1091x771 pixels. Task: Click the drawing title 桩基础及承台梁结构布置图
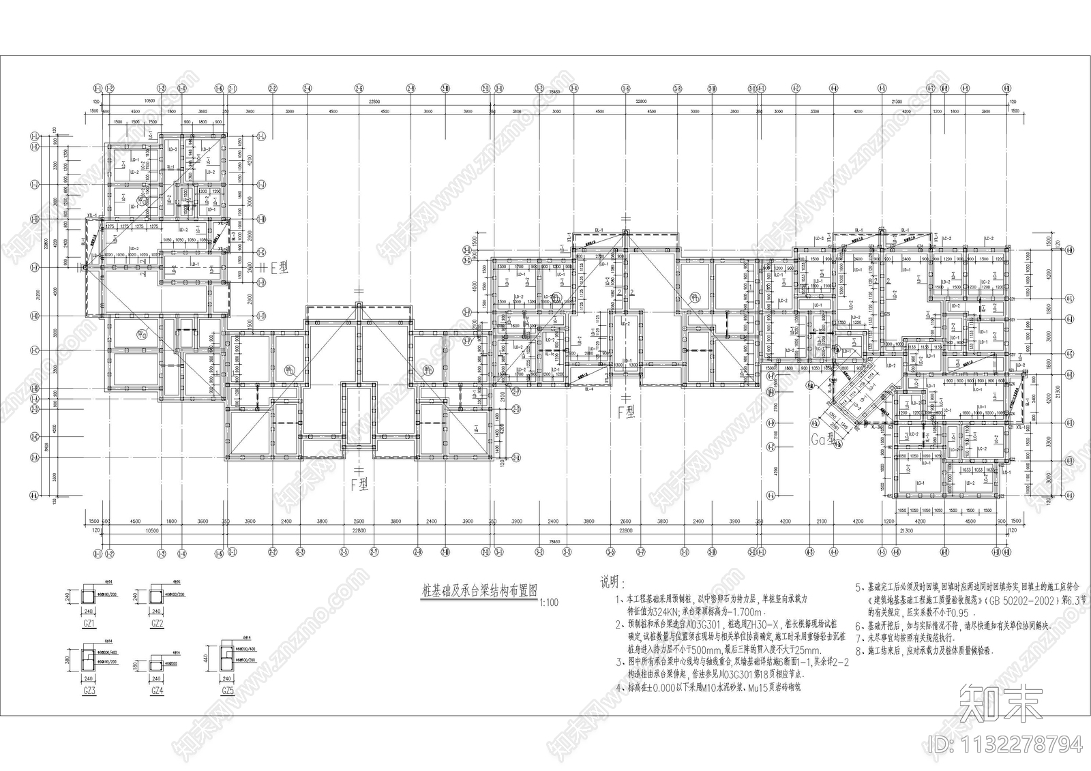[480, 593]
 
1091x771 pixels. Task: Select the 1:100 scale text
[547, 603]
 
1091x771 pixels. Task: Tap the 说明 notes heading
[611, 582]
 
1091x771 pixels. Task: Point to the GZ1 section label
[89, 623]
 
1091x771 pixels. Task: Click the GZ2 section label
[157, 623]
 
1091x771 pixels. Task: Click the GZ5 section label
[227, 691]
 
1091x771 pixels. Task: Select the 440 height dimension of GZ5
[206, 659]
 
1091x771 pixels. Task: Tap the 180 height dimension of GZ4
[136, 665]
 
